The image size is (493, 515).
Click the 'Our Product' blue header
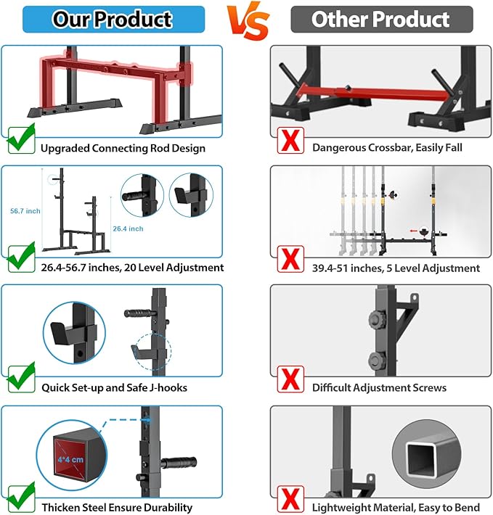pyautogui.click(x=112, y=19)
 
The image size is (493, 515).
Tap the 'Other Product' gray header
pyautogui.click(x=381, y=19)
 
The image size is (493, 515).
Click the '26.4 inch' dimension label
pyautogui.click(x=128, y=228)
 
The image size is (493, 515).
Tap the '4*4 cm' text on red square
pyautogui.click(x=70, y=460)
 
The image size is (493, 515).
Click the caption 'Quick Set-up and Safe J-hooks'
pyautogui.click(x=114, y=387)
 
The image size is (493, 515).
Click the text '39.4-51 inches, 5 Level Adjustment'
pyautogui.click(x=396, y=268)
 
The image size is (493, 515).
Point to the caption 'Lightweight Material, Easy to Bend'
pyautogui.click(x=394, y=508)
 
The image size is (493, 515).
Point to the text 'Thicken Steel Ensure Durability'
pyautogui.click(x=117, y=508)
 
